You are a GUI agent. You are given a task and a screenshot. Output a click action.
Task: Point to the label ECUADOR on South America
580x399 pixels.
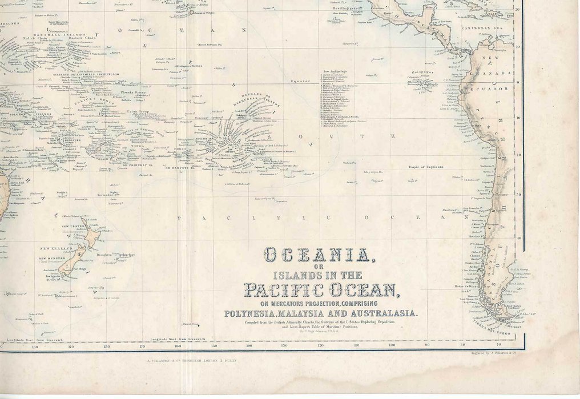click(x=485, y=90)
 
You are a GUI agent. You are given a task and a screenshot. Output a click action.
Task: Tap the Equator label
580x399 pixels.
click(x=300, y=81)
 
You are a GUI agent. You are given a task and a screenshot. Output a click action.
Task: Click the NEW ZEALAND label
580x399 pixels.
click(x=56, y=249)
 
